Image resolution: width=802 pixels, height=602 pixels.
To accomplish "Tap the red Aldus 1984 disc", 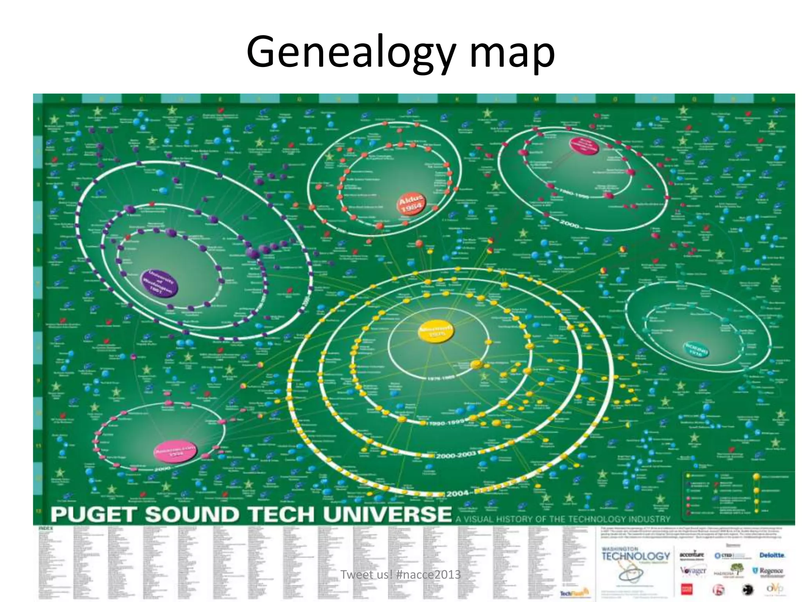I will (x=411, y=203).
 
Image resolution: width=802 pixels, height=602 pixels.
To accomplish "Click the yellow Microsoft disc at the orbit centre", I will (x=436, y=332).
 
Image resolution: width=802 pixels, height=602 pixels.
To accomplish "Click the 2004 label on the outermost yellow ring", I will (x=457, y=493).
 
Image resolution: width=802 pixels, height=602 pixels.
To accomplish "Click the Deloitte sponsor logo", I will (x=771, y=555).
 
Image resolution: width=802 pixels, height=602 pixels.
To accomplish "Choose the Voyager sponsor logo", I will (x=693, y=571).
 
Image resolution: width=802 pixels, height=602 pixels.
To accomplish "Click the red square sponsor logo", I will (x=686, y=589).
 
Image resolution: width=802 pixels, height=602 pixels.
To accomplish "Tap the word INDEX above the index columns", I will (x=45, y=529).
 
